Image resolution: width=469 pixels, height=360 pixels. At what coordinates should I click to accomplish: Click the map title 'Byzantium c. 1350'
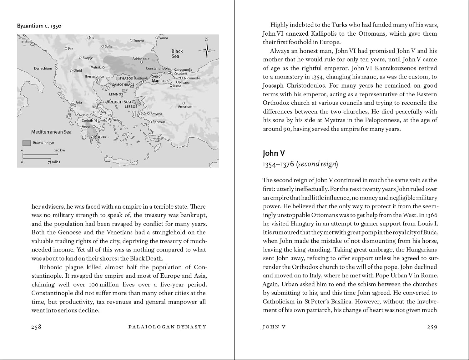pos(39,26)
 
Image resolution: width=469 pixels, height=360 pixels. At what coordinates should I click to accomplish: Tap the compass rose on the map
pos(207,50)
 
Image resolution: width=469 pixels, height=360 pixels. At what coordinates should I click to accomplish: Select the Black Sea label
pos(177,53)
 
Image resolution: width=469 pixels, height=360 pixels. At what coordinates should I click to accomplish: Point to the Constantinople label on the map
pos(158,68)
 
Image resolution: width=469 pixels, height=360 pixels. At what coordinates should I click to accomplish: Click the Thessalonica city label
pos(94,76)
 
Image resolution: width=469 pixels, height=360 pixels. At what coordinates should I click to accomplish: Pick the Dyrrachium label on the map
pos(43,68)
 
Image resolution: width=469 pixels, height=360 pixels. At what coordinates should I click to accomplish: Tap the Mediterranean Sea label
pos(51,132)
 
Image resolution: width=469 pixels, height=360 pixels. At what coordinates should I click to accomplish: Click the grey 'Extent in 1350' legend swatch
pos(27,143)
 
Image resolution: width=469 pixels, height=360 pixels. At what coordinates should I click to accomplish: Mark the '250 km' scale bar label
pos(59,150)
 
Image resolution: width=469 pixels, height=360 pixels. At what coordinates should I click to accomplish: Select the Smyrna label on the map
pos(156,114)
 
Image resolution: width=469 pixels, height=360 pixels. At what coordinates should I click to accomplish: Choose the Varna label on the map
pos(164,38)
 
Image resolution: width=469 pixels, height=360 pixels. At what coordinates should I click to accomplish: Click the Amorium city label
pos(185,107)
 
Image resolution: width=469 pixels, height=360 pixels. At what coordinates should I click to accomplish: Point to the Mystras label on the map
pos(100,137)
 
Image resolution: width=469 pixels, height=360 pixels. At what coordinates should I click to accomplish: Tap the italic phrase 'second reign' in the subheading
pos(317,164)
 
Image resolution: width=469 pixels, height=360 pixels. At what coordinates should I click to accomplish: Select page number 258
pos(36,327)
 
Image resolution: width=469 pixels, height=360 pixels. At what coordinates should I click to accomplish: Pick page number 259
pos(432,327)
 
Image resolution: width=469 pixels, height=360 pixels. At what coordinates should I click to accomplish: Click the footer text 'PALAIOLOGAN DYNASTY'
pos(168,327)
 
